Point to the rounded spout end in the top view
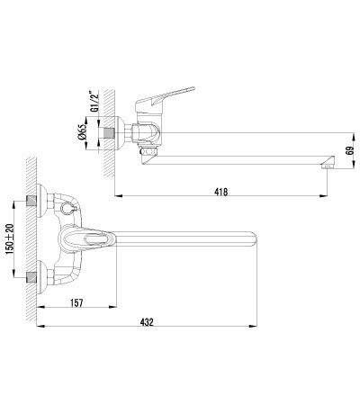253,241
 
